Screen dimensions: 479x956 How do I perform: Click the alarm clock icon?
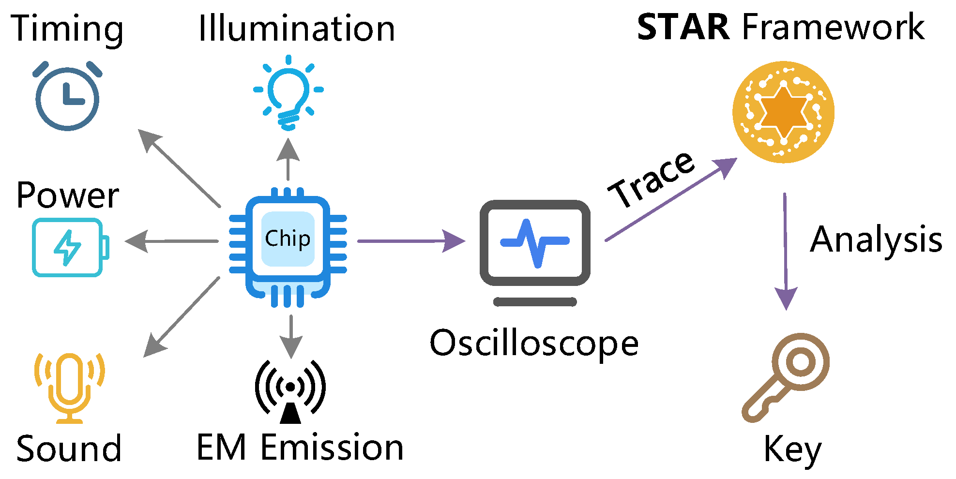click(68, 97)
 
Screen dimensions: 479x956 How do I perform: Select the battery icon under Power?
click(70, 247)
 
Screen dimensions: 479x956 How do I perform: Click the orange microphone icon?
click(70, 387)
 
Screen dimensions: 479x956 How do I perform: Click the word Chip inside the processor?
click(288, 239)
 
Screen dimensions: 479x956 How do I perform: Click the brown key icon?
click(787, 377)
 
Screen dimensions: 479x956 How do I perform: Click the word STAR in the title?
click(683, 28)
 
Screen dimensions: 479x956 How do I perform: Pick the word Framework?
click(833, 28)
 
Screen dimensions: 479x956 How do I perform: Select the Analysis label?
click(876, 240)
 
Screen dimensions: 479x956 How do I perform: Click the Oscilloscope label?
click(534, 344)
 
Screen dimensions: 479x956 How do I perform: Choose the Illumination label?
click(297, 29)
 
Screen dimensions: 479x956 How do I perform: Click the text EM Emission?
click(300, 448)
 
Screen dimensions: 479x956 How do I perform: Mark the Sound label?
click(69, 449)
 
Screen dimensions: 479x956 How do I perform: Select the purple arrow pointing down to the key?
click(785, 252)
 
